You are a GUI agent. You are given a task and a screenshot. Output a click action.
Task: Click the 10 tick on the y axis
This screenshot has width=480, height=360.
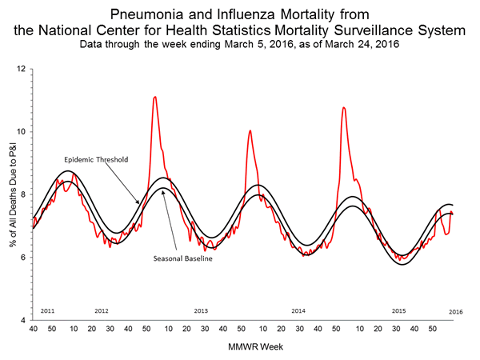point(23,132)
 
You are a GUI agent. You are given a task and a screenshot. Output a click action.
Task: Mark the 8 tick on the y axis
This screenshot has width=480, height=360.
point(25,194)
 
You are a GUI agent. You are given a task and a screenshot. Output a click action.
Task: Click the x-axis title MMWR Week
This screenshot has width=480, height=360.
point(244,346)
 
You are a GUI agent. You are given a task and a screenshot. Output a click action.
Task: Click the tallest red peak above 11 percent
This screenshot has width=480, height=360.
point(154,97)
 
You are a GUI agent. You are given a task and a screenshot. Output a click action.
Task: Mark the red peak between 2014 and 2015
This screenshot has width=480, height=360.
point(344,107)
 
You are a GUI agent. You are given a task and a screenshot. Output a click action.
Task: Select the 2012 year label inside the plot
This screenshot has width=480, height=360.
point(102,310)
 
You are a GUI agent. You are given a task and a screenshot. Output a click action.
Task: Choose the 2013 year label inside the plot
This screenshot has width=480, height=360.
point(201,310)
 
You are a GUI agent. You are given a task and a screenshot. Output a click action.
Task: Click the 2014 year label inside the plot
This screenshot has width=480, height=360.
point(298,310)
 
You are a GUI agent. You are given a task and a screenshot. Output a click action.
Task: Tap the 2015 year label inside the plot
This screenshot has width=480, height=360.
point(398,310)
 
